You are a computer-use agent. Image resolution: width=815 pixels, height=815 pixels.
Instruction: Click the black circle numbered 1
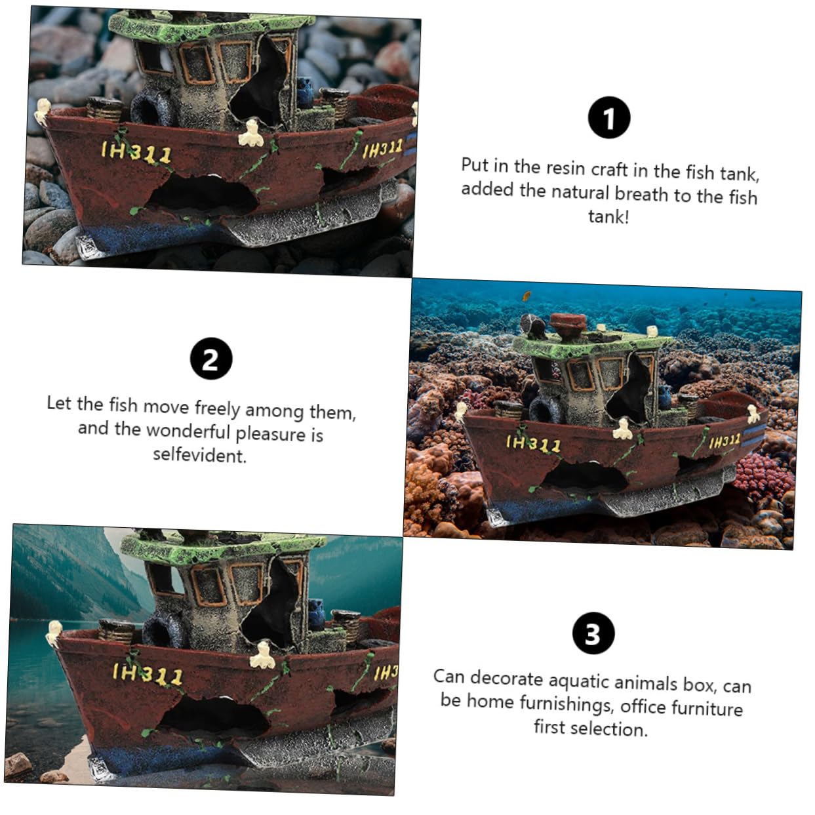(609, 117)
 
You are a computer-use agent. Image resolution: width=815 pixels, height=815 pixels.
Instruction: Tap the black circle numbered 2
(211, 359)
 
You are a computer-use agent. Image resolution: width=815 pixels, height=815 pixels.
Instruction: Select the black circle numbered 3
(593, 633)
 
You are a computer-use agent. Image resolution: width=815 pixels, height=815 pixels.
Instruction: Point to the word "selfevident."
(199, 455)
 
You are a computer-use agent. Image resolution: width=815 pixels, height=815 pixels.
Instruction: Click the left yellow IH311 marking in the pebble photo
(136, 152)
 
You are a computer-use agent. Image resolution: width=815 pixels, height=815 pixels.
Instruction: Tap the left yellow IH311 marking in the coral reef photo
(534, 444)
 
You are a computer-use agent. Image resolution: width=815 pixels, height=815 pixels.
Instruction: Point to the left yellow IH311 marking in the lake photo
(148, 674)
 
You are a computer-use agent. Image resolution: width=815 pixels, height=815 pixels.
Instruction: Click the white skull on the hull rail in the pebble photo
(251, 133)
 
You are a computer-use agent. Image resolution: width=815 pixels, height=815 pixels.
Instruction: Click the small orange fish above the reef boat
(527, 296)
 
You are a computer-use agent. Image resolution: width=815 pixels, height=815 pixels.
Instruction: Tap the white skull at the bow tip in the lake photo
(54, 633)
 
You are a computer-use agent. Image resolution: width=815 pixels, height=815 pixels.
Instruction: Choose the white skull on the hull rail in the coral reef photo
(622, 428)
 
